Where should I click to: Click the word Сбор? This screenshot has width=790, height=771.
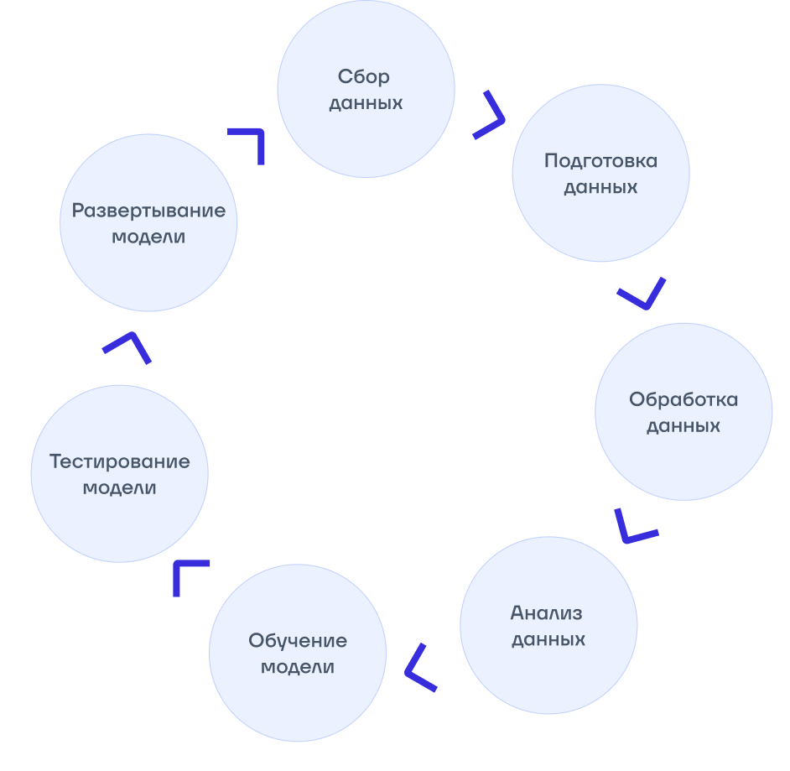pos(364,77)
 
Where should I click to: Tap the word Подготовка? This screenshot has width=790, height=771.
pos(600,160)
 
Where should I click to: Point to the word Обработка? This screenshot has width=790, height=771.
pos(683,399)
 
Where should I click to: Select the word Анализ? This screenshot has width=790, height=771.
pos(546,612)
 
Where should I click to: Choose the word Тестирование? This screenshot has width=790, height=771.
pos(120,461)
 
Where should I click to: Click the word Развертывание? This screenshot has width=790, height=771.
pos(148,210)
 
